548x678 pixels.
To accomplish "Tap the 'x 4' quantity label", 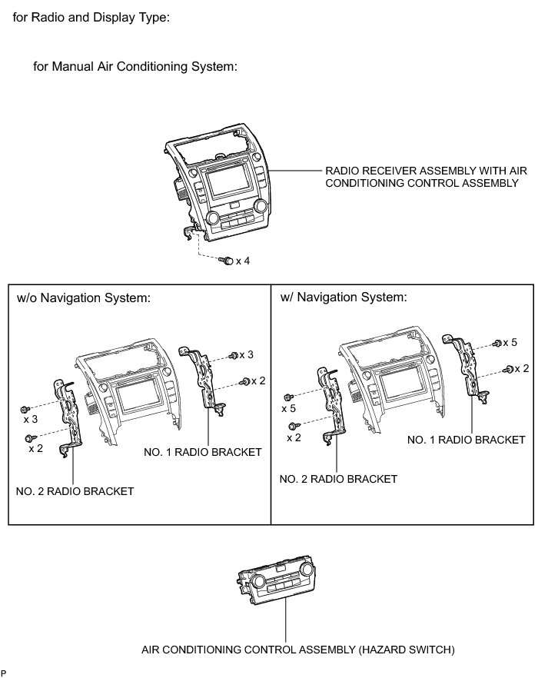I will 243,261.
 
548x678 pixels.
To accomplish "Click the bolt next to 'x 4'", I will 226,261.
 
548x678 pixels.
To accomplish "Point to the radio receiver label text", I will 421,178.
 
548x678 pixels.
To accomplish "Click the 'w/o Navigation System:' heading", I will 83,298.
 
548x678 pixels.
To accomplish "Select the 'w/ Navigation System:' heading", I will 343,297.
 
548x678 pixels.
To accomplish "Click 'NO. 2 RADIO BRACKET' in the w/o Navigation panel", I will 75,491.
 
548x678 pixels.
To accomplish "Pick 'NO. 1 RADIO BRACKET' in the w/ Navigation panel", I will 466,439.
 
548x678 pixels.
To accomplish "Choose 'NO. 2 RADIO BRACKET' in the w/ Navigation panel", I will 338,479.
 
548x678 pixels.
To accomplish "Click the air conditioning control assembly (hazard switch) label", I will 298,650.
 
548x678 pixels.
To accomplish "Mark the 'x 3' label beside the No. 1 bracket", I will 246,354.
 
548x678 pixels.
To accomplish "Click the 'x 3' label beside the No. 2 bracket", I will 31,419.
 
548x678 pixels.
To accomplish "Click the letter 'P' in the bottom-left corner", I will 4,673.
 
